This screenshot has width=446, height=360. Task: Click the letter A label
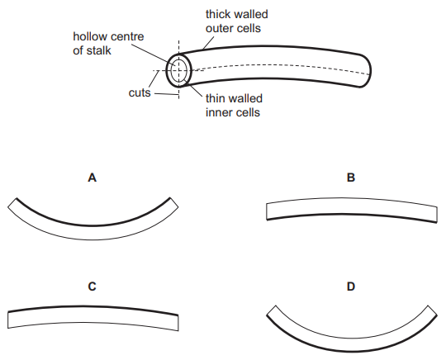93,178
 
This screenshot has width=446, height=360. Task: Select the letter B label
351,178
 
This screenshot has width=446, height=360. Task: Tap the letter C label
93,287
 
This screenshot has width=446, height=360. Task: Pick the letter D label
351,287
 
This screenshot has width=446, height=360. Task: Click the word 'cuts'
140,92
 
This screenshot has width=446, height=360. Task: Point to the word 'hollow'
90,36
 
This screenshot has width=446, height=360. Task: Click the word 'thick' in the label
217,14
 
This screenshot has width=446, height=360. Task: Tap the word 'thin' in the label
215,98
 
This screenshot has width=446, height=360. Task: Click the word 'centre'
127,36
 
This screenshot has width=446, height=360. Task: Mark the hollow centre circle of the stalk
179,71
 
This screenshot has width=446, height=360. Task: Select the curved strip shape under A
93,233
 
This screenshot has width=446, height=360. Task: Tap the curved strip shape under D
352,344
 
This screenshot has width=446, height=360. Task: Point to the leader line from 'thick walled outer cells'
208,43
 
